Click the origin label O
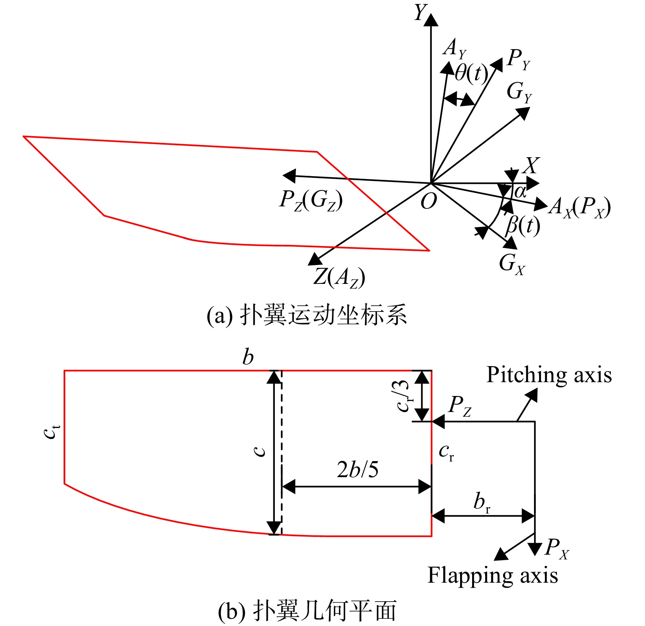click(428, 201)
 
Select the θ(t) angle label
click(471, 74)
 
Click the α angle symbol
click(521, 192)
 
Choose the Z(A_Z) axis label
click(339, 278)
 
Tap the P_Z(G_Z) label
click(311, 201)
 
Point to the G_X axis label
click(512, 264)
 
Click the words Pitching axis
click(549, 375)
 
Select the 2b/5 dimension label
click(358, 469)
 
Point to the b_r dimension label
click(482, 502)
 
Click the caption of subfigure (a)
click(306, 315)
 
